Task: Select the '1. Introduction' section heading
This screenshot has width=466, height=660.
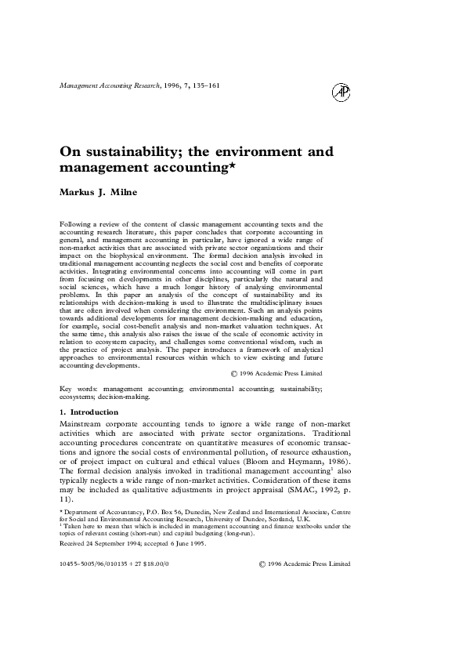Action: point(89,412)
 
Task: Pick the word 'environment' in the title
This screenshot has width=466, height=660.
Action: point(266,151)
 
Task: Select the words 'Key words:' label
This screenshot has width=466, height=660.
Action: point(78,388)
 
